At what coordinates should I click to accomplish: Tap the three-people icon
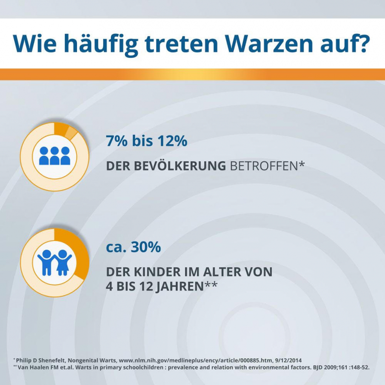tap(55, 156)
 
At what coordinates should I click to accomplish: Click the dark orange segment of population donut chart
tap(61, 128)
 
